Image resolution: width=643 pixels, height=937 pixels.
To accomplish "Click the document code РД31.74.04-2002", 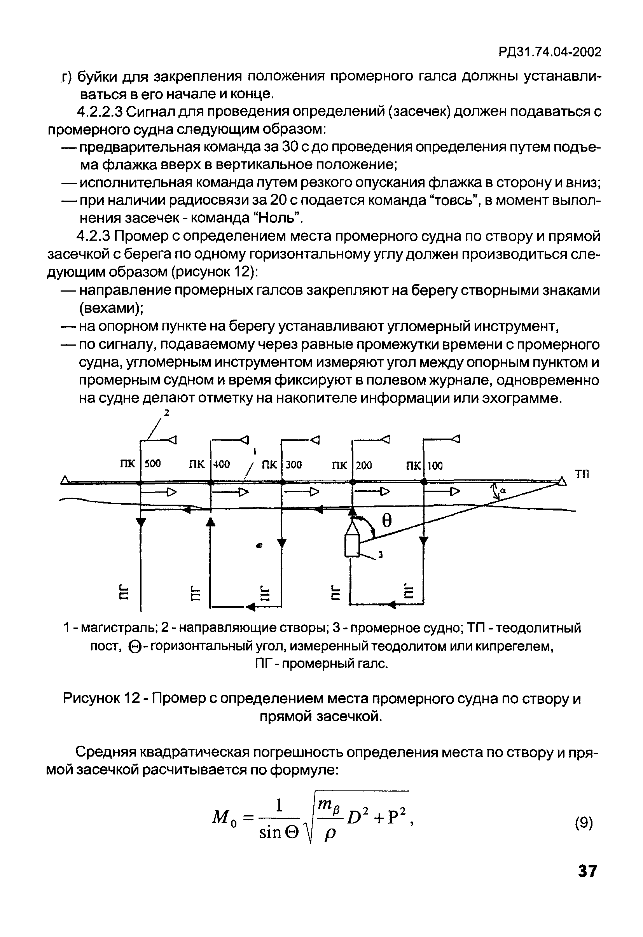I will coord(549,52).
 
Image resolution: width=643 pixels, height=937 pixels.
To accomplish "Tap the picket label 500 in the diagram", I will coord(153,464).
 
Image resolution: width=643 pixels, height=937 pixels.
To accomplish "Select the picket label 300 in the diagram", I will coord(294,465).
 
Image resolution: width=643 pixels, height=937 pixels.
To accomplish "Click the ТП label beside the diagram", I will coord(582,474).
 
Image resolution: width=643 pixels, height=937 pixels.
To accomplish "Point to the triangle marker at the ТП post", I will coord(562,481).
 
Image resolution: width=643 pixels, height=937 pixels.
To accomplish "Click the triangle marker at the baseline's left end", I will coord(64,480).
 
